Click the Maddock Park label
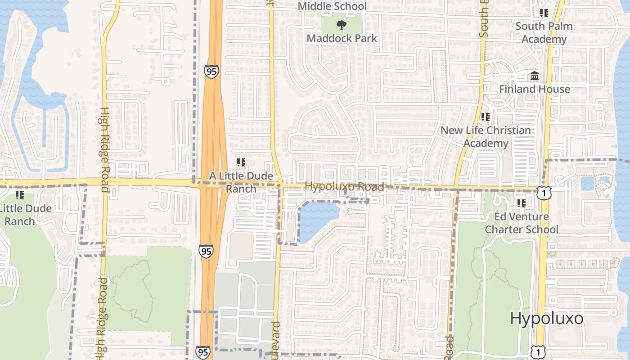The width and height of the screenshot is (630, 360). [x=342, y=38]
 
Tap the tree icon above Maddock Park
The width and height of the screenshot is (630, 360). [x=342, y=25]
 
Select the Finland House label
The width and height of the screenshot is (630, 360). [x=534, y=89]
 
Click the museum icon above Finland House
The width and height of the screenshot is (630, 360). [x=535, y=76]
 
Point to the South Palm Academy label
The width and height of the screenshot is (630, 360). [x=544, y=32]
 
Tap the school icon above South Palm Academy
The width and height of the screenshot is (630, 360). [x=544, y=13]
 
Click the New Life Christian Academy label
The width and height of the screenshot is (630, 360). [x=486, y=137]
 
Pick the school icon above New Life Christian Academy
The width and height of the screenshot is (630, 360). [x=485, y=117]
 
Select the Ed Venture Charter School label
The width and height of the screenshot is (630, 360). [x=521, y=223]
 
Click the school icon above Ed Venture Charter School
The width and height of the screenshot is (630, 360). [x=521, y=203]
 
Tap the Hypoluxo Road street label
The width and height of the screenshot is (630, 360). [x=344, y=186]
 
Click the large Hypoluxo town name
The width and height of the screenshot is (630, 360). [x=546, y=319]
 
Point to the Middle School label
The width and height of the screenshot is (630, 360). [x=332, y=6]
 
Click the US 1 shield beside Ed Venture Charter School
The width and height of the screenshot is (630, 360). [x=544, y=193]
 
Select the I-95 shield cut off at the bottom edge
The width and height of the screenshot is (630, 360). [x=202, y=353]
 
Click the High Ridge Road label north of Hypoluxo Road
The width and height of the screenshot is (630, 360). [x=104, y=149]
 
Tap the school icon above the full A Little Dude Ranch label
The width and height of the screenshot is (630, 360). [x=241, y=162]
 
